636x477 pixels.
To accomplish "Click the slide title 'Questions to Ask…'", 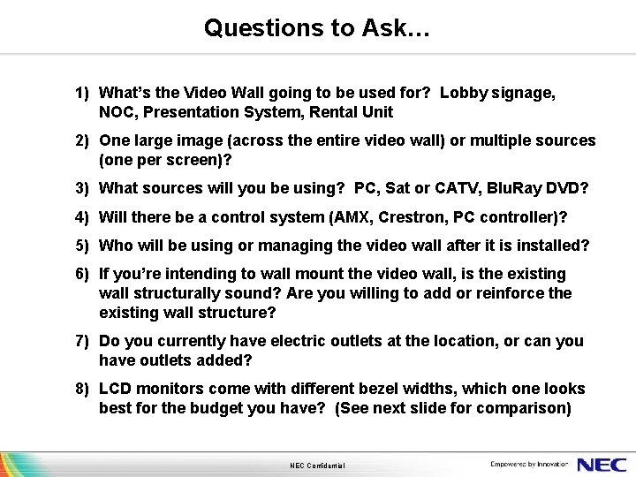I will point(317,28).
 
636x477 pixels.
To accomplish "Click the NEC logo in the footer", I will point(602,464).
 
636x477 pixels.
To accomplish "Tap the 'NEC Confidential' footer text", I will point(317,466).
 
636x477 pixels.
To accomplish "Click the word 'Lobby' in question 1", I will point(462,93).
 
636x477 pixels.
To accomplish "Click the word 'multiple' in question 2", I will point(500,140).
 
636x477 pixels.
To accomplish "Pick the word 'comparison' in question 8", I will point(525,409).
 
